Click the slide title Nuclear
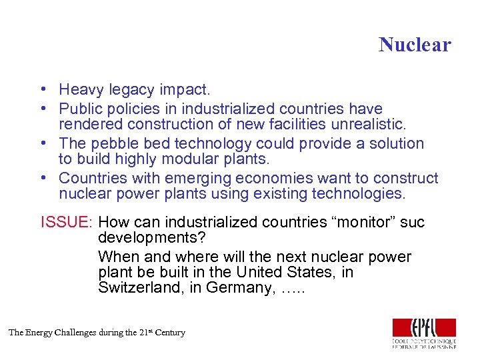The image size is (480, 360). (415, 45)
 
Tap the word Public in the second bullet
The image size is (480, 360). (79, 109)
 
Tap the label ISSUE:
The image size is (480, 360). (67, 222)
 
